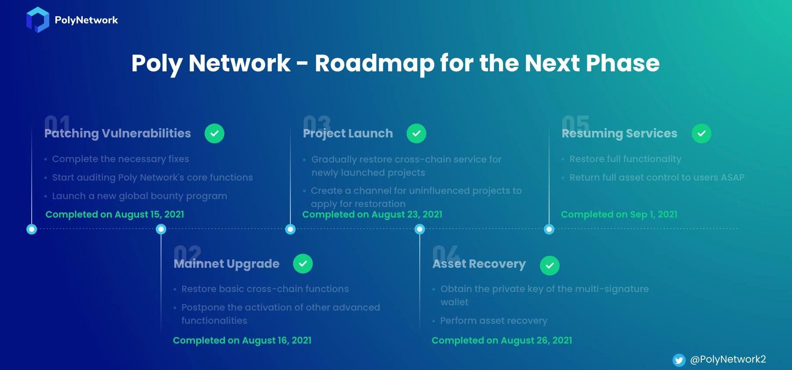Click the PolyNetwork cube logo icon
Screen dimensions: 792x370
click(37, 20)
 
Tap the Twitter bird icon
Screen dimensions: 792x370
click(679, 360)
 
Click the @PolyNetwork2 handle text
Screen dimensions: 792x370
click(728, 359)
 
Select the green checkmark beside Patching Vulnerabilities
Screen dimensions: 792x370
click(214, 133)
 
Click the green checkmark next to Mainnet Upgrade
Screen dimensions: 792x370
click(303, 264)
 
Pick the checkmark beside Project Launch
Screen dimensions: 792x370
click(416, 133)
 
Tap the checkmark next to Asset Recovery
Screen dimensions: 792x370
click(550, 266)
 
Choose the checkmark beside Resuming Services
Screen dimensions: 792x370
click(701, 133)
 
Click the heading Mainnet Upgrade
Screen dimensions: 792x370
click(227, 264)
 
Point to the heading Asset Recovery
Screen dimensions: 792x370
click(479, 264)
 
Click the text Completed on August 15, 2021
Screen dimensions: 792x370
click(115, 215)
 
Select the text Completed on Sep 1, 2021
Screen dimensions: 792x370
click(619, 215)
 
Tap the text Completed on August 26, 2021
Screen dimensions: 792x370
click(502, 340)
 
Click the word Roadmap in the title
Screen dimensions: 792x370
click(374, 64)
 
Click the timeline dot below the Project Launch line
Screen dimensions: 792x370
click(290, 229)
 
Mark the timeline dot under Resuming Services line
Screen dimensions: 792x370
click(549, 229)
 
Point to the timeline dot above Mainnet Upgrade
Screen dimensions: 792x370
click(161, 229)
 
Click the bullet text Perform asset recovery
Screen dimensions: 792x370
click(494, 321)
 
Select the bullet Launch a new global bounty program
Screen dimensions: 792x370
click(139, 196)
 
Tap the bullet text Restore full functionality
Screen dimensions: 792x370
click(625, 159)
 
